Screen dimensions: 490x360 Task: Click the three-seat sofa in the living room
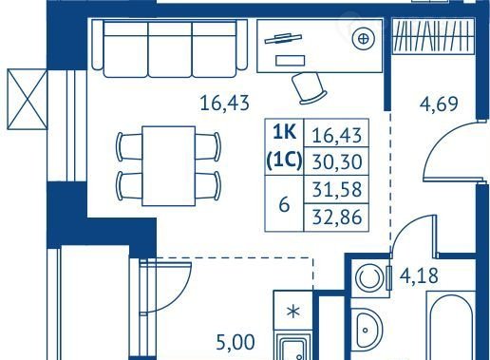coord(169,48)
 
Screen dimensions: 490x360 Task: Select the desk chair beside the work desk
coord(309,88)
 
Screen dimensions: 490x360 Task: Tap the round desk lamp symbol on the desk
coord(364,39)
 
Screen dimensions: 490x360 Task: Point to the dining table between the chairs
coord(168,166)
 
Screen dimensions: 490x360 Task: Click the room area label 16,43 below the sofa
coord(225,104)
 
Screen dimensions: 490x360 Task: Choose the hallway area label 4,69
coord(439,104)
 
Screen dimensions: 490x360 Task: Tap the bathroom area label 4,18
coord(419,275)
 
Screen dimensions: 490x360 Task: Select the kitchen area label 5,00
coord(236,342)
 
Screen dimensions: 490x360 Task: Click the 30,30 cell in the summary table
coord(336,161)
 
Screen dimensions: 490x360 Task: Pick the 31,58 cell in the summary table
coord(336,189)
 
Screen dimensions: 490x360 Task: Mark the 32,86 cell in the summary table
coord(336,218)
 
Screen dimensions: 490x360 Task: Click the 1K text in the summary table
coord(284,133)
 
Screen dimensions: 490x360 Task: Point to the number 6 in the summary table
coord(284,205)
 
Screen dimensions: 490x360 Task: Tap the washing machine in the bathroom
coord(370,278)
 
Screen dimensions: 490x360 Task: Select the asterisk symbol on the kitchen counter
coord(293,312)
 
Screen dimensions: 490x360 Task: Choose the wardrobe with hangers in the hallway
coord(433,36)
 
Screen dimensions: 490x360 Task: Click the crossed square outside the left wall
coord(28,100)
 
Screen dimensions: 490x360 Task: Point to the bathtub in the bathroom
coord(451,326)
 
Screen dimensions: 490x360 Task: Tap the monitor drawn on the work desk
coord(283,38)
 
